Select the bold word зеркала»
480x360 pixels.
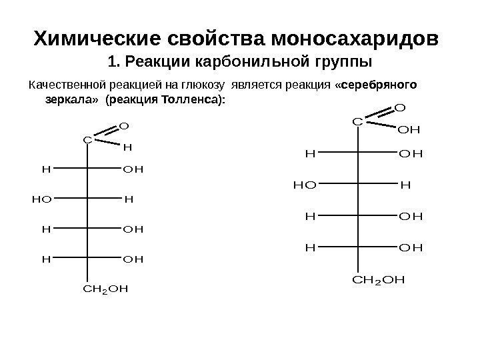coord(71,99)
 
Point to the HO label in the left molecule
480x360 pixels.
coord(40,199)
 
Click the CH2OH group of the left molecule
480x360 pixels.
coord(105,289)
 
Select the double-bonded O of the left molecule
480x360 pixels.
coord(123,125)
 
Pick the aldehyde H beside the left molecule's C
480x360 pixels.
coord(128,146)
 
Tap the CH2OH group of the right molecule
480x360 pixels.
coord(378,277)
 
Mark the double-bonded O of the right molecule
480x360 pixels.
coord(399,107)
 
